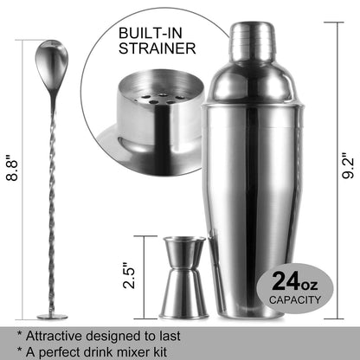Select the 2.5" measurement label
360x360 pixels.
(x=129, y=277)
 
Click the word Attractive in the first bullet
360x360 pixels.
(x=60, y=332)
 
